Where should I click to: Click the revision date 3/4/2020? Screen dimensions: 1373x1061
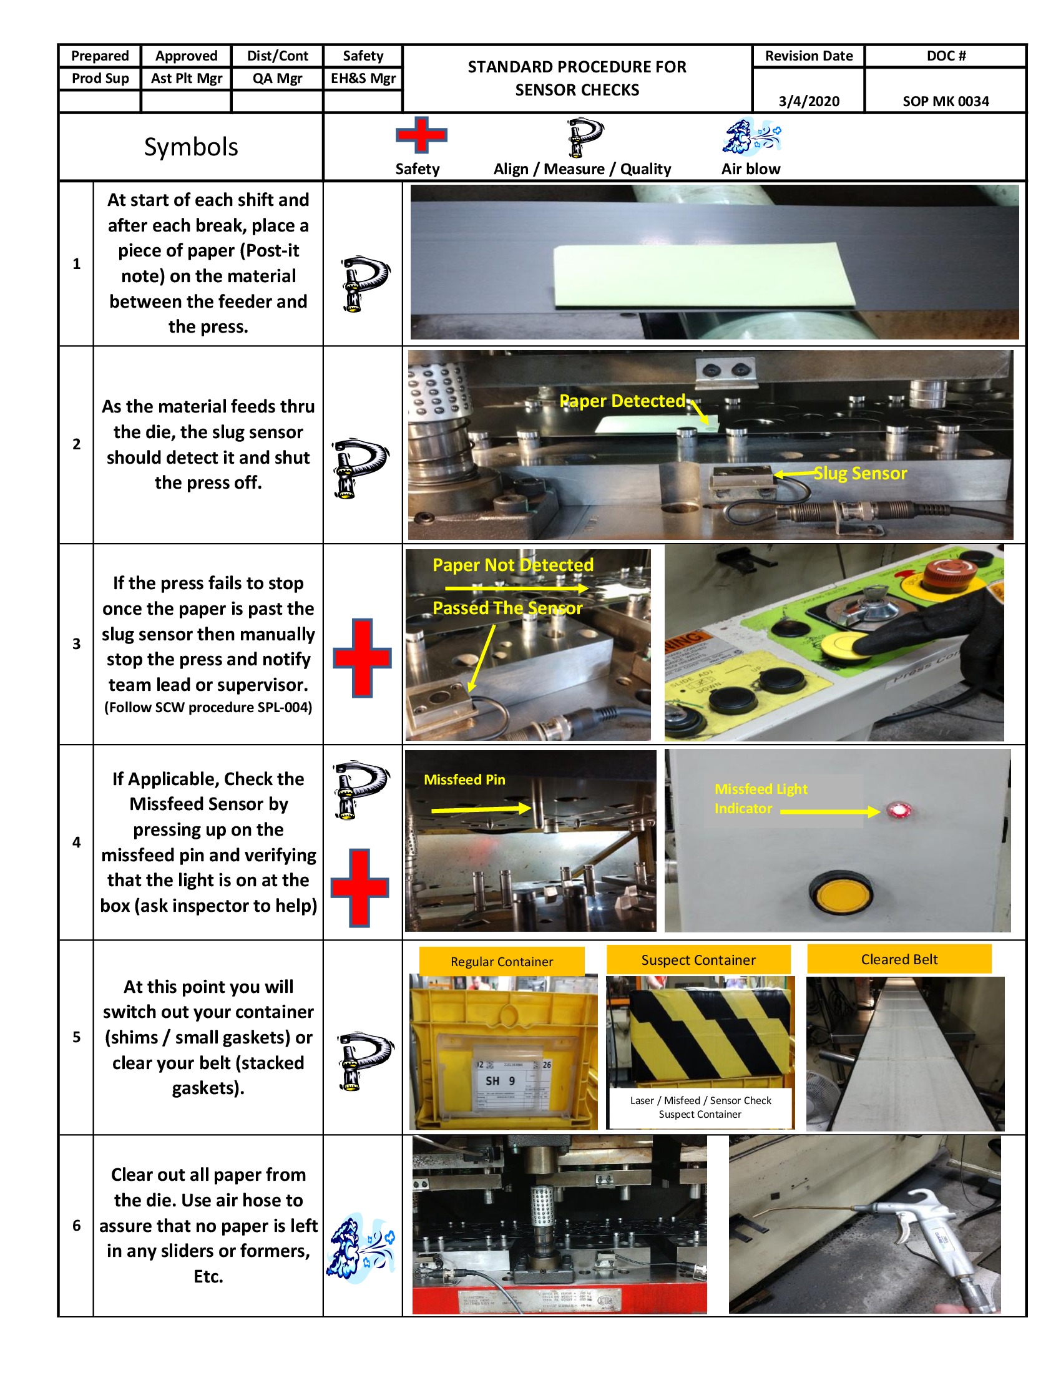(808, 101)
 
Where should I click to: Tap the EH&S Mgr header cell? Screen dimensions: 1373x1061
(363, 79)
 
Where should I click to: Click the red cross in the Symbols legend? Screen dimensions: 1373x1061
(421, 135)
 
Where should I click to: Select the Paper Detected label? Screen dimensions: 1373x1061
(622, 401)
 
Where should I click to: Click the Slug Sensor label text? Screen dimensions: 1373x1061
(860, 474)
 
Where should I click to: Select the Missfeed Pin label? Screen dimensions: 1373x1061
(464, 779)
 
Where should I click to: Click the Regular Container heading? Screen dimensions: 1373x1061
(502, 961)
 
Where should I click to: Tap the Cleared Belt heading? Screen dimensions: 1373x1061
(899, 959)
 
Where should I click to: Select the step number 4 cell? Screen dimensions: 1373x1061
(76, 842)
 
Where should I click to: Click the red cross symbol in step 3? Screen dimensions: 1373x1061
(362, 658)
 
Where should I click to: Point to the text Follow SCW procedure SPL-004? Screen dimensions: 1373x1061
(208, 707)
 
